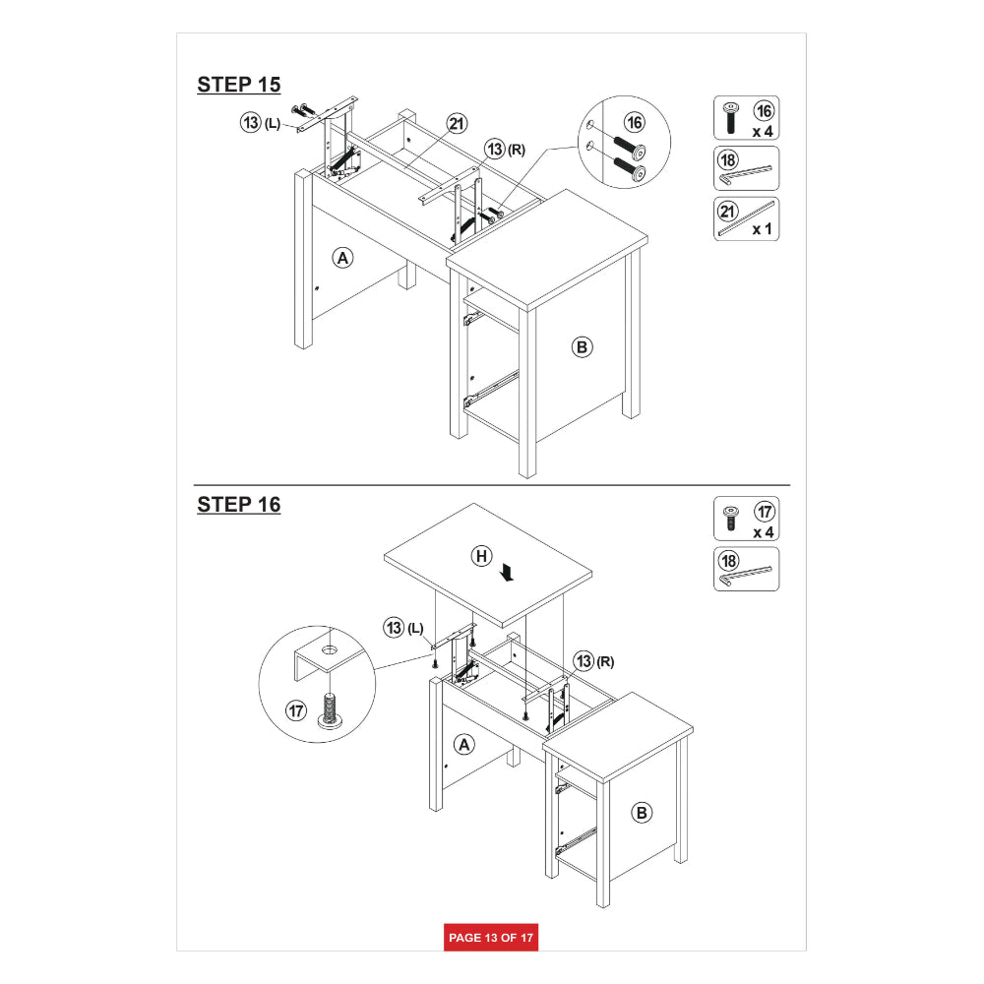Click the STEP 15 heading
tap(238, 85)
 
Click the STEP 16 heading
tap(238, 505)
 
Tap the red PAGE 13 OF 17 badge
tap(491, 938)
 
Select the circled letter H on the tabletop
tap(481, 556)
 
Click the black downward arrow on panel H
tap(508, 572)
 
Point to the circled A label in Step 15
tap(342, 258)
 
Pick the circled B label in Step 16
tap(642, 814)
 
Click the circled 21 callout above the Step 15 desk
tap(457, 124)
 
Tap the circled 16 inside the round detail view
tap(635, 122)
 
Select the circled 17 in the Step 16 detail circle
tap(296, 711)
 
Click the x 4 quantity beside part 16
tap(763, 132)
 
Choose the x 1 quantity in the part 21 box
tap(763, 229)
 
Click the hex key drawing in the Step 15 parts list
tap(746, 176)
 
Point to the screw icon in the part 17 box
tap(730, 519)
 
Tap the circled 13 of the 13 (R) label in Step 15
tap(495, 150)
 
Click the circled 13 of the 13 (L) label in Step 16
tap(394, 628)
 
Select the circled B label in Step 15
tap(582, 347)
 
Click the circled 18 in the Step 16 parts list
tap(728, 561)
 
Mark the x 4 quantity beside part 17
tap(764, 532)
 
